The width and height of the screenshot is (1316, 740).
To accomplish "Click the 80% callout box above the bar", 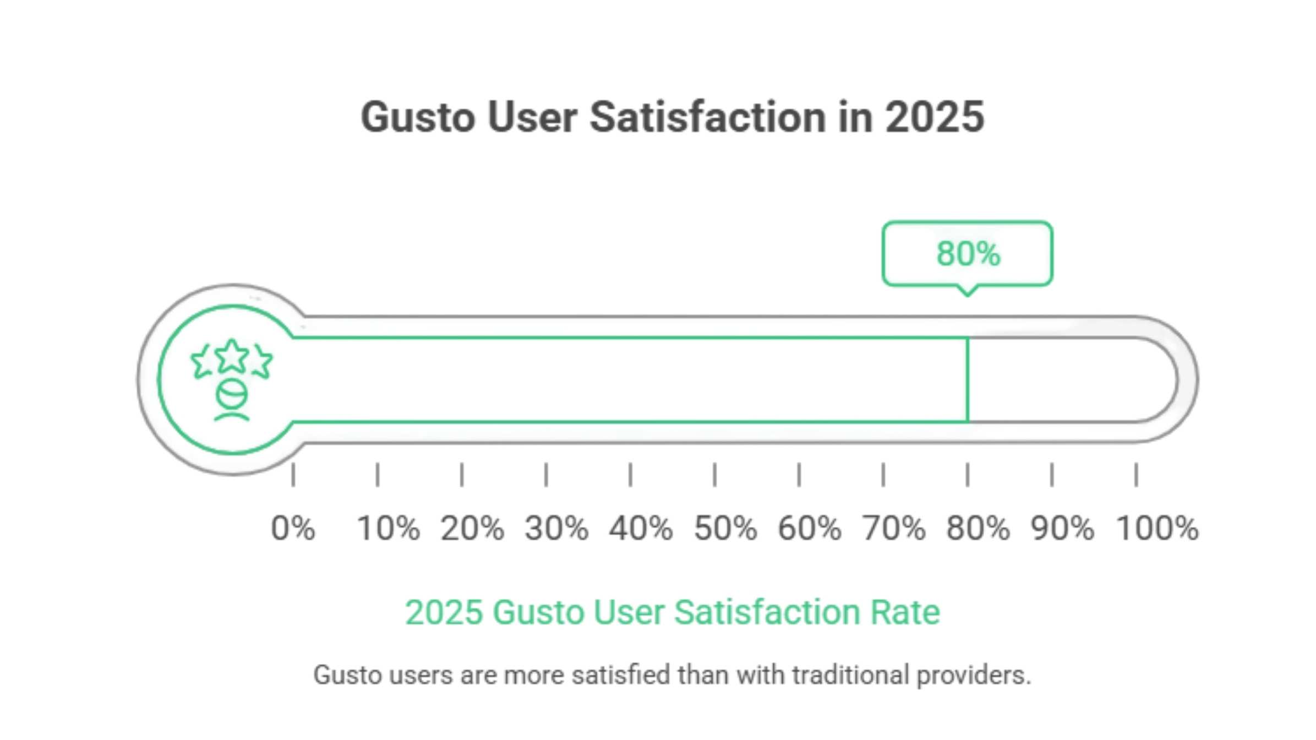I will pyautogui.click(x=967, y=254).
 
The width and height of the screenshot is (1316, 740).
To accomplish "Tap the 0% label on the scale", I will pyautogui.click(x=293, y=528).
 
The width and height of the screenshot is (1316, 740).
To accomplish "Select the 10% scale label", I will pyautogui.click(x=388, y=528).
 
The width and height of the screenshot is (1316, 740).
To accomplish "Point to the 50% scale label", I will pyautogui.click(x=725, y=528).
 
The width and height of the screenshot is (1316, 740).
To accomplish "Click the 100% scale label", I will pyautogui.click(x=1156, y=528).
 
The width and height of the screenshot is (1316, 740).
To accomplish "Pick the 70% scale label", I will pyautogui.click(x=893, y=528).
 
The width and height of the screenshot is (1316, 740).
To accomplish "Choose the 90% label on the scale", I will pyautogui.click(x=1062, y=528).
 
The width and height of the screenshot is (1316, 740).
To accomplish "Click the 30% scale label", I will pyautogui.click(x=556, y=528).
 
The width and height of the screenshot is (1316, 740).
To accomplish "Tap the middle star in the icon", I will pyautogui.click(x=232, y=356).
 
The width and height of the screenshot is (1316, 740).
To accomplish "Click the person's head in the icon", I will pyautogui.click(x=232, y=394).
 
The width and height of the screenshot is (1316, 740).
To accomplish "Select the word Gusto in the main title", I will pyautogui.click(x=418, y=117).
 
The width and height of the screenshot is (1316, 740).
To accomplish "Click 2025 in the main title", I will pyautogui.click(x=934, y=117).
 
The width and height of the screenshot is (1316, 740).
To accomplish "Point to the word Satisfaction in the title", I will pyautogui.click(x=707, y=117).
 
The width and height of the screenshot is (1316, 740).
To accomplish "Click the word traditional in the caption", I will pyautogui.click(x=850, y=675).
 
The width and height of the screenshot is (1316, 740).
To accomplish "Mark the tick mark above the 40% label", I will pyautogui.click(x=630, y=475).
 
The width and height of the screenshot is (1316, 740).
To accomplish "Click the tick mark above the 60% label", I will pyautogui.click(x=799, y=475).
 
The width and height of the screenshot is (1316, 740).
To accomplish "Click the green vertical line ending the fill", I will pyautogui.click(x=968, y=380).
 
